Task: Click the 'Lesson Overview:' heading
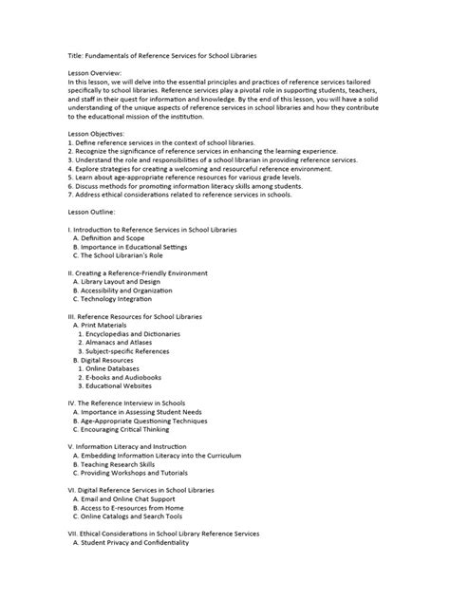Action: click(96, 72)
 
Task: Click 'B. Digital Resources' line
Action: click(109, 361)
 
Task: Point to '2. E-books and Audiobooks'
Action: click(127, 378)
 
